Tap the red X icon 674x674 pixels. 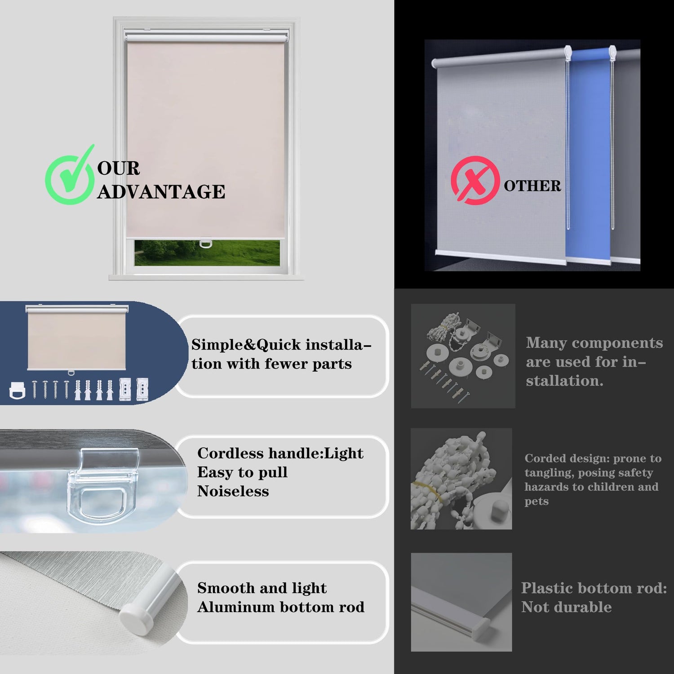(x=475, y=181)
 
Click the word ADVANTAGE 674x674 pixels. (x=161, y=192)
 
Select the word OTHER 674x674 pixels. (x=532, y=186)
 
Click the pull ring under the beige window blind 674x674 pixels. (x=205, y=243)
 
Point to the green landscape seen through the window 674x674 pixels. (x=207, y=253)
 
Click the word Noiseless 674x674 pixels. (x=233, y=491)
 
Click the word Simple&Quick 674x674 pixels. (x=246, y=345)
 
